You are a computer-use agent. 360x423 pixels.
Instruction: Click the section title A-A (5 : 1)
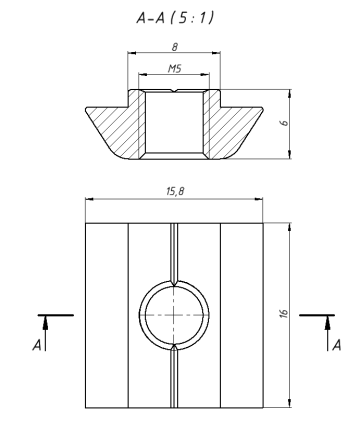pyautogui.click(x=174, y=17)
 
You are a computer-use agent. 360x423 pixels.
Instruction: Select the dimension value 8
pyautogui.click(x=175, y=47)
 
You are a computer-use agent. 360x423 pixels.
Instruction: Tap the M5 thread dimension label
pyautogui.click(x=174, y=69)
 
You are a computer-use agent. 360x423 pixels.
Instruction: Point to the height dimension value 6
pyautogui.click(x=284, y=123)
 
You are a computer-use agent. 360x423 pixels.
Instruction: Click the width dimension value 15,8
pyautogui.click(x=175, y=191)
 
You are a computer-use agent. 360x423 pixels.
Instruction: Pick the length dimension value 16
pyautogui.click(x=284, y=313)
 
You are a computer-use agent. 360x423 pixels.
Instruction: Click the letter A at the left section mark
pyautogui.click(x=37, y=345)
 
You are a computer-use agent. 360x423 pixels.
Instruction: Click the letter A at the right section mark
pyautogui.click(x=337, y=345)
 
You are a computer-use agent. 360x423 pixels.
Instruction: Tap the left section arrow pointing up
pyautogui.click(x=45, y=333)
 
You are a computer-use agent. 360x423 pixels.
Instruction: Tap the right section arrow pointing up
pyautogui.click(x=328, y=333)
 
